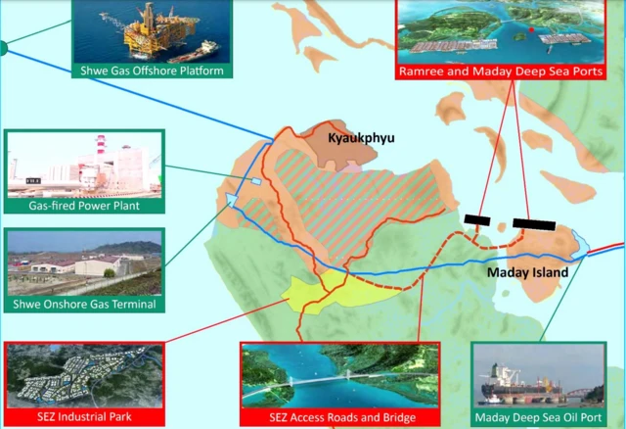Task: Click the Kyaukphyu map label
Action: coord(361,139)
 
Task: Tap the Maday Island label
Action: coord(527,273)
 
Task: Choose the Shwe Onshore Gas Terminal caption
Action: coord(80,305)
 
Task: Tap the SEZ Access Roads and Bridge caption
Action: coord(331,418)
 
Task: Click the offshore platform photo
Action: coord(152,31)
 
